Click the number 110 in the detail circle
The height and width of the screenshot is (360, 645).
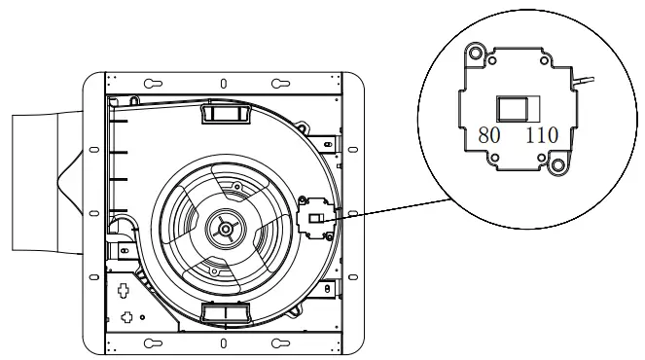tap(541, 135)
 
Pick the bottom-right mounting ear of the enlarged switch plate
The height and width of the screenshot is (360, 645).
tap(558, 164)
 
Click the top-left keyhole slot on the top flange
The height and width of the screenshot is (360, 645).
tap(153, 84)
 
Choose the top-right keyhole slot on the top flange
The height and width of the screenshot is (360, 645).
tap(279, 84)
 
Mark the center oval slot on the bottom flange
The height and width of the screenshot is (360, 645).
tap(223, 343)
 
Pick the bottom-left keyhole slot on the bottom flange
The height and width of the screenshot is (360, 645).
tap(153, 342)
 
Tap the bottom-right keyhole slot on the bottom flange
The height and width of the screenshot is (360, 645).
tap(279, 342)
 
